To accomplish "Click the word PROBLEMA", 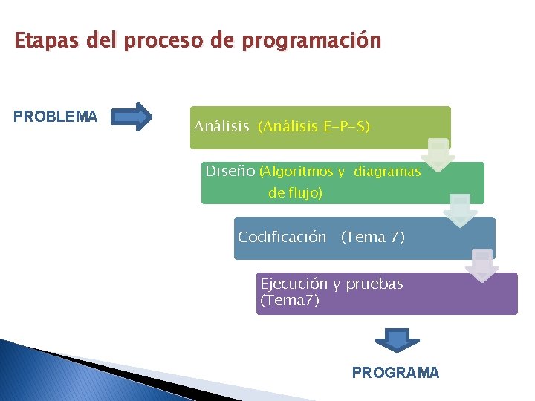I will point(55,117).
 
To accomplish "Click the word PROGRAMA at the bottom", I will point(395,373).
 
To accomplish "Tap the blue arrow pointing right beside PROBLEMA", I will point(134,117).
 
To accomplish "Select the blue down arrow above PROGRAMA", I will point(397,340).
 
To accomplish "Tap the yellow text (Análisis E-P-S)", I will point(314,127).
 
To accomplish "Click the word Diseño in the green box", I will point(230,172).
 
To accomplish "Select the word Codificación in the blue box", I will point(282,238).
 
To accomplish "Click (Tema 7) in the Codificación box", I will point(372,238).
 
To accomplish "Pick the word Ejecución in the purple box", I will point(294,284).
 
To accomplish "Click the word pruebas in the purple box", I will point(374,284).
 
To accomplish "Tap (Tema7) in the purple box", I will point(290,301).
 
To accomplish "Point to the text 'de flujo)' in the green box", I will point(295,193).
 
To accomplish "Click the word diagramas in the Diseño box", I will point(387,172).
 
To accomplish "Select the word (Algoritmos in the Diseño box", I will point(296,172).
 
